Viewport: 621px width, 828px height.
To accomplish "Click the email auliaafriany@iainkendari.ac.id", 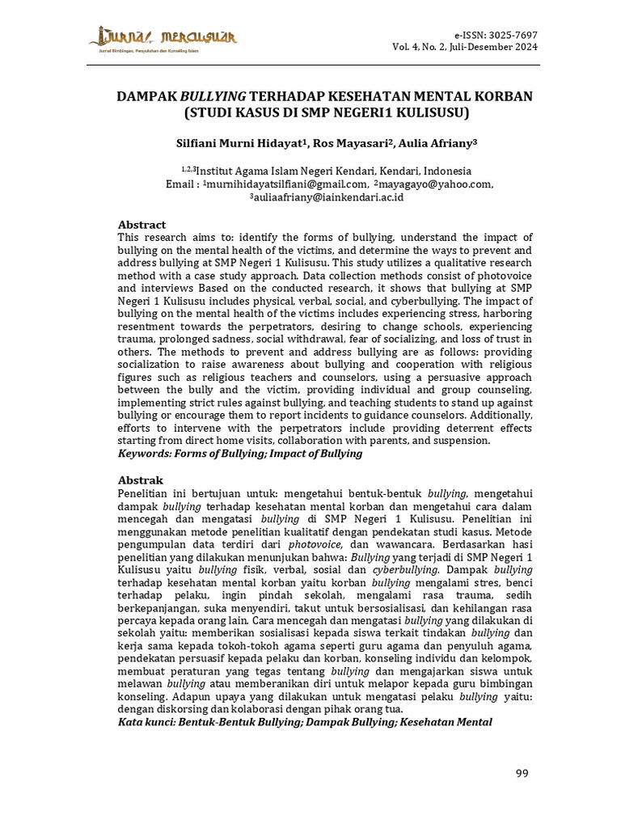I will [327, 197].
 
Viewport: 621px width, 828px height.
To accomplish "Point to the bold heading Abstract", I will [142, 225].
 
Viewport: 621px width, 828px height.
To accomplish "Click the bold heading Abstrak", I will [141, 480].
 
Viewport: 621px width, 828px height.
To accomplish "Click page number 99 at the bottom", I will [522, 774].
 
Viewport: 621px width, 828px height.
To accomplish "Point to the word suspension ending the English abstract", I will [461, 441].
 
